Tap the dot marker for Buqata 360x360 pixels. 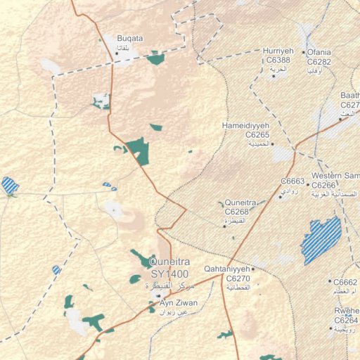pyautogui.click(x=117, y=52)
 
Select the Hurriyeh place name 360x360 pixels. pyautogui.click(x=278, y=52)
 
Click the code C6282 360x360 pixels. pyautogui.click(x=319, y=62)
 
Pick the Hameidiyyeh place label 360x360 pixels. pyautogui.click(x=246, y=125)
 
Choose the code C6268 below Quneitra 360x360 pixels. pyautogui.click(x=237, y=212)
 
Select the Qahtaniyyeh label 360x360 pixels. pyautogui.click(x=226, y=269)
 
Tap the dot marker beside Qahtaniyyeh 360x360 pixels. pyautogui.click(x=253, y=269)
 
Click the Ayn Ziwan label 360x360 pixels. pyautogui.click(x=179, y=303)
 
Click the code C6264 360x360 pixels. pyautogui.click(x=347, y=321)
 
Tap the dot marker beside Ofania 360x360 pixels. pyautogui.click(x=303, y=53)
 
